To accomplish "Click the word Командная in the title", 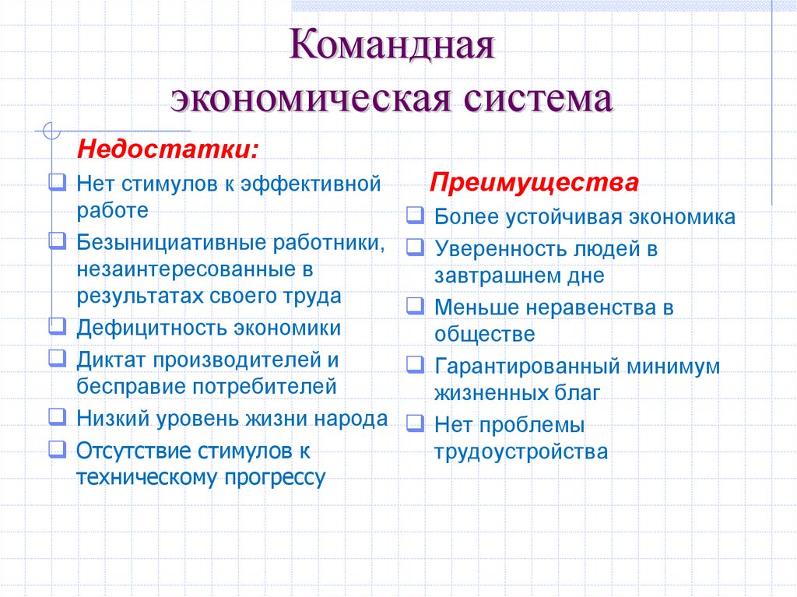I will (x=393, y=47).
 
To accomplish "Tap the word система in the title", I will (x=535, y=100).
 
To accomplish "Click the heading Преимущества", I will (x=535, y=183).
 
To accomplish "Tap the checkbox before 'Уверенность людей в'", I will (x=414, y=248).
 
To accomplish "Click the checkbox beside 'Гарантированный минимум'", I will (x=414, y=364).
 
